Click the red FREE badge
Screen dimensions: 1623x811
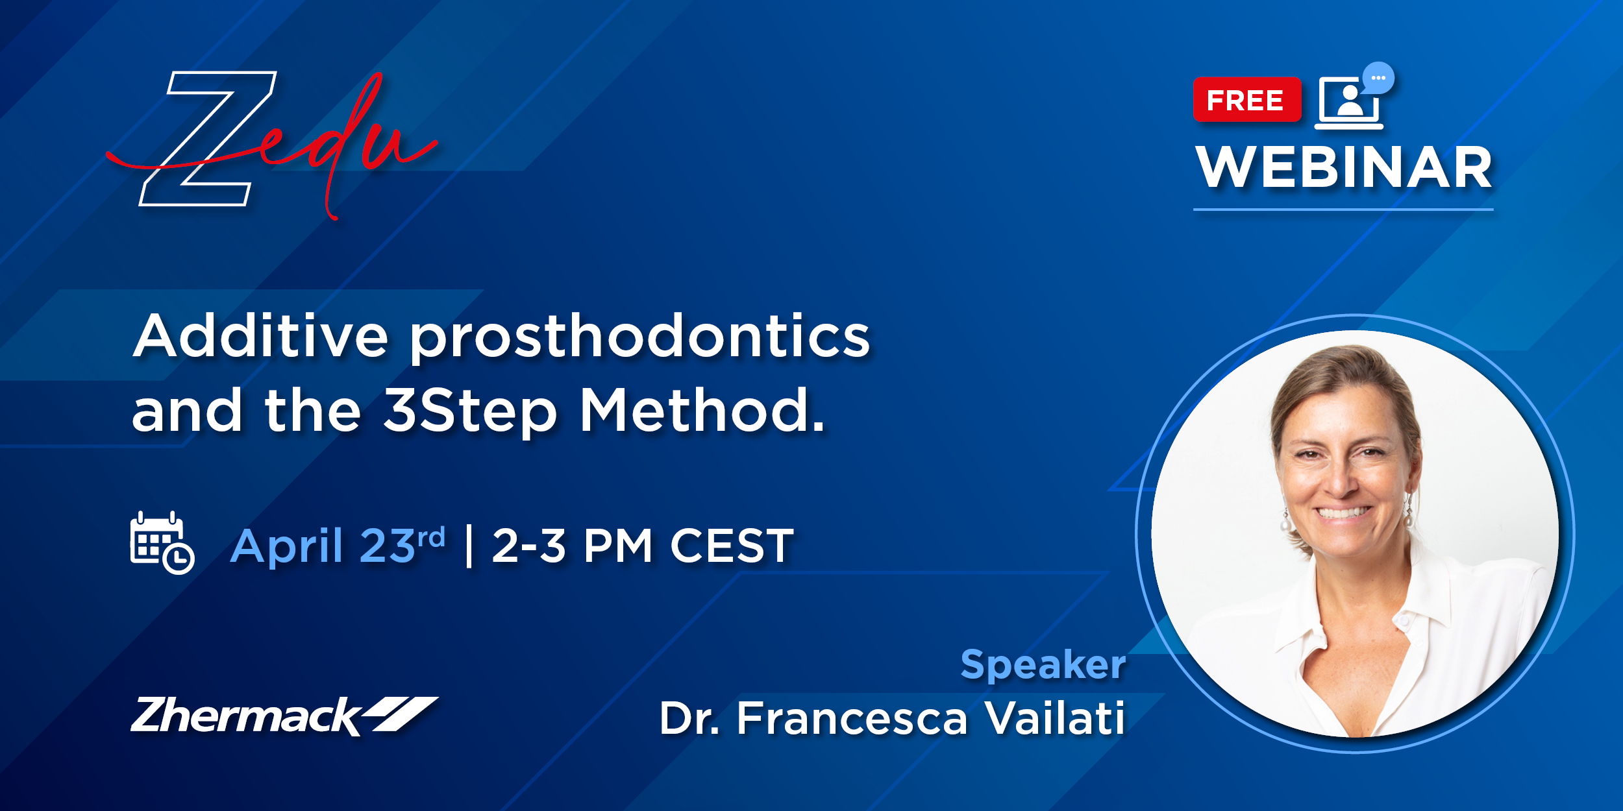pyautogui.click(x=1247, y=100)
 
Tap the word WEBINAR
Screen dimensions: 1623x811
pyautogui.click(x=1344, y=167)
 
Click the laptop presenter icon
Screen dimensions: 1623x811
pyautogui.click(x=1349, y=104)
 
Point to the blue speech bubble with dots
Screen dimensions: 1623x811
pyautogui.click(x=1378, y=78)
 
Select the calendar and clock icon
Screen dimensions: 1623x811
pyautogui.click(x=162, y=543)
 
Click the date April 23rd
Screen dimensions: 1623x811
pyautogui.click(x=338, y=545)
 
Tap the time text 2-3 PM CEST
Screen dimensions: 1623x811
pyautogui.click(x=643, y=546)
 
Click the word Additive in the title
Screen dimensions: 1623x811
pyautogui.click(x=260, y=336)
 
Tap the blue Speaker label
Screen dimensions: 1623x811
pyautogui.click(x=1043, y=665)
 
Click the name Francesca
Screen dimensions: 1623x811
pyautogui.click(x=852, y=718)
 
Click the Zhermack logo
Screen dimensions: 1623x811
pyautogui.click(x=284, y=716)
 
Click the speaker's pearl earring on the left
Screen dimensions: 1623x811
pyautogui.click(x=1285, y=523)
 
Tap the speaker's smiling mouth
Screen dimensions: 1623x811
pyautogui.click(x=1343, y=513)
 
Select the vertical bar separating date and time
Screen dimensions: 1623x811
pyautogui.click(x=469, y=546)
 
